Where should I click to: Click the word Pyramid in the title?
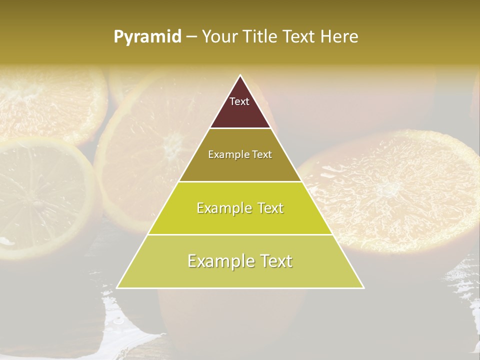point(147,37)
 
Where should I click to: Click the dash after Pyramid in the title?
point(191,37)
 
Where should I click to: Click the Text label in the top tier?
point(239,101)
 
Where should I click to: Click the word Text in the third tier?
point(268,208)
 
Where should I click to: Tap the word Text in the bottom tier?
point(275,261)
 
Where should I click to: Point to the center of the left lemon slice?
point(37,202)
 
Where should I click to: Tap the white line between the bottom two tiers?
point(240,234)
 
